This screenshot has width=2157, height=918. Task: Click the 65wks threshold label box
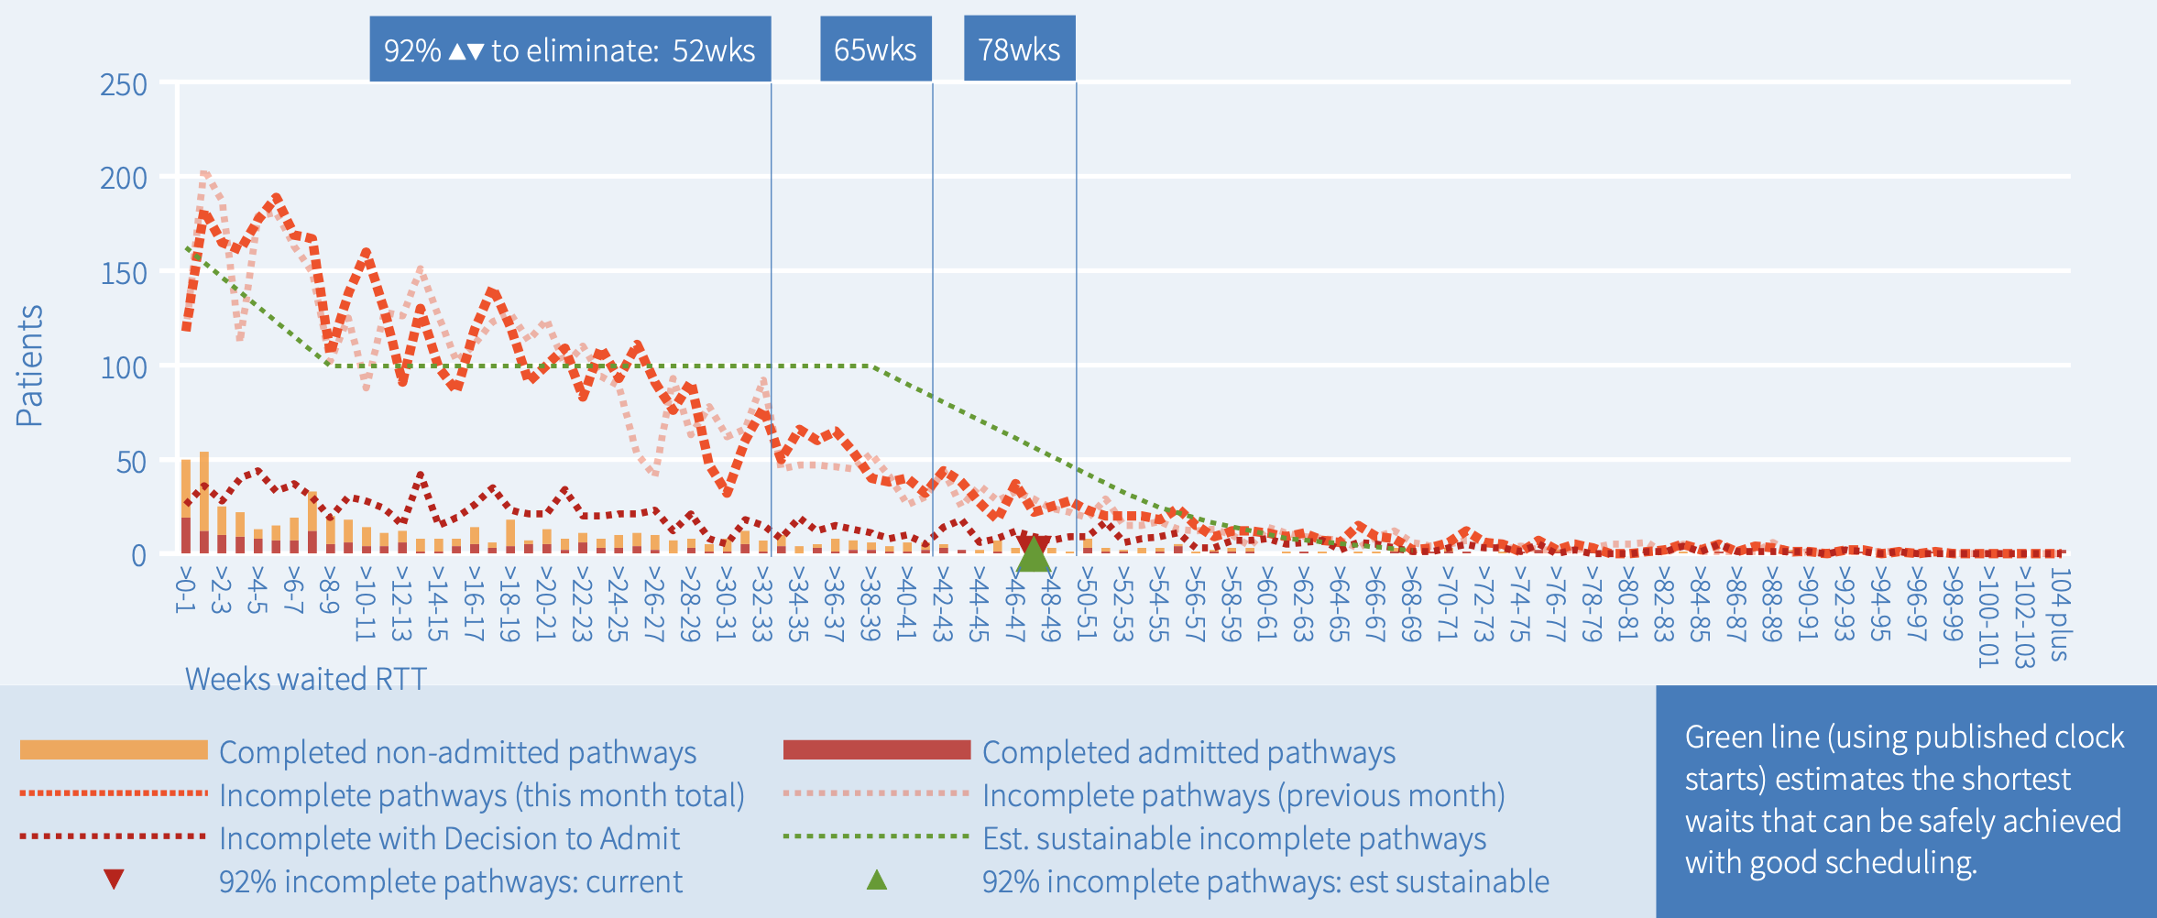point(875,49)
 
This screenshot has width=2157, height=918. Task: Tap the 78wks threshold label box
point(1019,49)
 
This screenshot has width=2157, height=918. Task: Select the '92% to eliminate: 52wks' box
point(569,49)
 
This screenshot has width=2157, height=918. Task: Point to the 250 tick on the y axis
point(124,85)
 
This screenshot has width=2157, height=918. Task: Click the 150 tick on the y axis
point(124,273)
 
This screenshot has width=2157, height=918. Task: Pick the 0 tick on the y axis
point(138,556)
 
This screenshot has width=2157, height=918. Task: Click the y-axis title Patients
point(29,366)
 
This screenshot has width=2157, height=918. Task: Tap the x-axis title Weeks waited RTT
point(306,679)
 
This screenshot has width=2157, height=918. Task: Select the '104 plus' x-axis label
point(2058,615)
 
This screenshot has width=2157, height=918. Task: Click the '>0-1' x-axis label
point(185,591)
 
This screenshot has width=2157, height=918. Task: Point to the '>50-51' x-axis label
point(1086,604)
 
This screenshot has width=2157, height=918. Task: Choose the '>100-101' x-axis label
point(1986,617)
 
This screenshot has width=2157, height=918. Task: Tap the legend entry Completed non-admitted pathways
point(457,752)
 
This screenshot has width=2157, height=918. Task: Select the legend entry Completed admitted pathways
point(1188,752)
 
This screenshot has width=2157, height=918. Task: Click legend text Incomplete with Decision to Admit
point(449,838)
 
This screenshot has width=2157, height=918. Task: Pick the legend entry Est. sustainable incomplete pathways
point(1233,838)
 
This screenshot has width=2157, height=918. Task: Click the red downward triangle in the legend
point(114,880)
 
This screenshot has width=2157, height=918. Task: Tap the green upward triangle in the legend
point(877,880)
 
